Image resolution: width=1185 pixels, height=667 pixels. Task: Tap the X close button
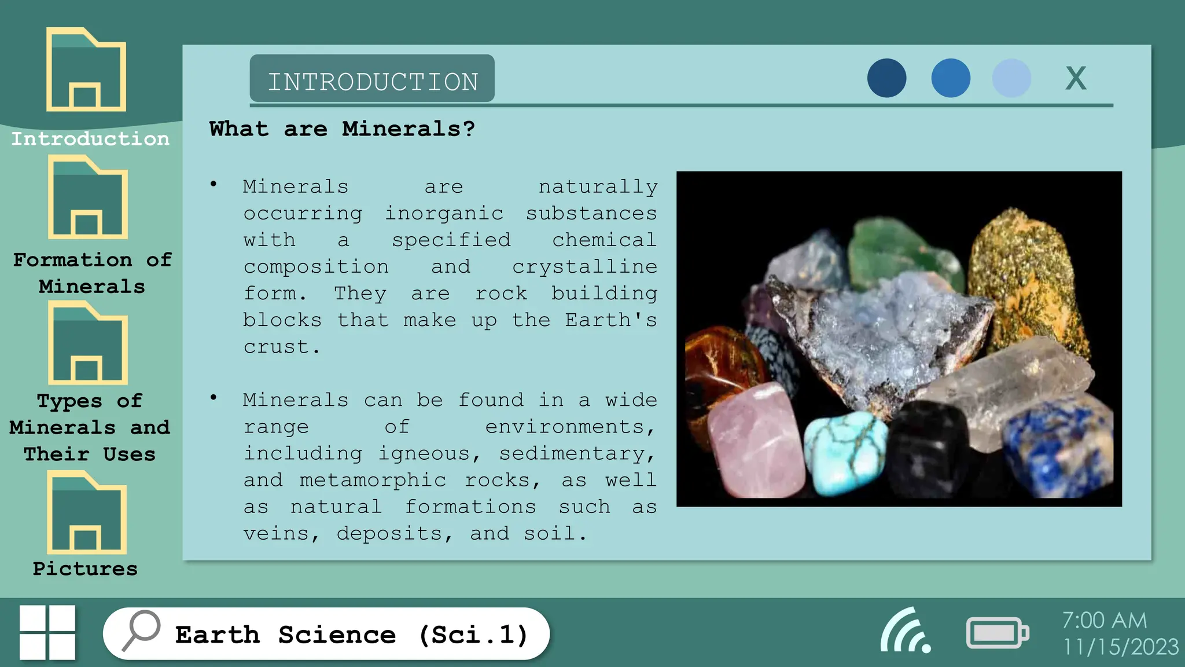[x=1076, y=78]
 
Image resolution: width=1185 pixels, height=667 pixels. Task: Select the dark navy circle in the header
[x=886, y=78]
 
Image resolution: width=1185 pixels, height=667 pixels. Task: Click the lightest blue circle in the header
[x=1011, y=78]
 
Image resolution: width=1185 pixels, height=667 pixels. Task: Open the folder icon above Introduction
[x=86, y=70]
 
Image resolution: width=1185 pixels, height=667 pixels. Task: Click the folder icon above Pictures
[x=87, y=513]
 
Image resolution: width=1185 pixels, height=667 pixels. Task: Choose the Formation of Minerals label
[x=92, y=273]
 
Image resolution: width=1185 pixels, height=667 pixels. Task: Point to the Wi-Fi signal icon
[x=906, y=631]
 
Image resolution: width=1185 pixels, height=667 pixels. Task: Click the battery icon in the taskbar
[x=997, y=633]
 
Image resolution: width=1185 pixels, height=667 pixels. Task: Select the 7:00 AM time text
[x=1104, y=620]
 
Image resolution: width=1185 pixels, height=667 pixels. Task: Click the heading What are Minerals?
[x=342, y=129]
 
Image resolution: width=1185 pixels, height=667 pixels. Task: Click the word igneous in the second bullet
[x=423, y=453]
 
